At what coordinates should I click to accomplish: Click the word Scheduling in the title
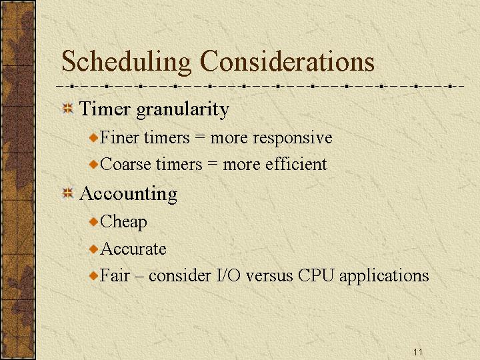coord(127,62)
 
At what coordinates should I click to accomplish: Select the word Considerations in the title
coord(287,61)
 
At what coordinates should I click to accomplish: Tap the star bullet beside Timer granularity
coord(67,109)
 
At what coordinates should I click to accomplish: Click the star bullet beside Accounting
coord(67,193)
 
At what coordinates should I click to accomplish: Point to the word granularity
coord(183,110)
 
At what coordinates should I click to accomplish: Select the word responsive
coord(293,139)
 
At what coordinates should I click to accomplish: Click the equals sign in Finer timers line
coord(199,138)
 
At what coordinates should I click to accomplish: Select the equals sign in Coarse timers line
coord(213,165)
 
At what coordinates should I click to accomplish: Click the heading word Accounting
coord(129,195)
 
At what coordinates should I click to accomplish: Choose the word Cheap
coord(123,222)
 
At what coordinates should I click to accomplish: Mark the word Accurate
coord(133,249)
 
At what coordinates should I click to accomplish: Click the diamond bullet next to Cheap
coord(93,221)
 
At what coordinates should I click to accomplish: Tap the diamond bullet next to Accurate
coord(93,249)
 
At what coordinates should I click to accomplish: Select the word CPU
coord(315,275)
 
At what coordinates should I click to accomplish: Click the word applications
coord(384,277)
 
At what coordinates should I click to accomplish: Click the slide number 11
coord(417,352)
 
